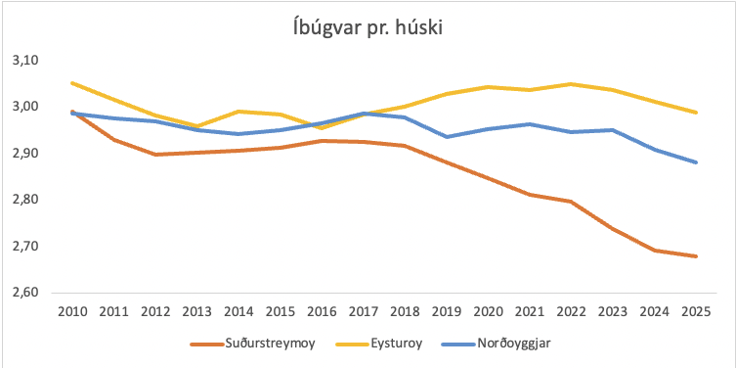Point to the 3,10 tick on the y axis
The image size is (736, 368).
pos(24,61)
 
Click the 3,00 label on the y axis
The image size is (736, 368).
pos(24,107)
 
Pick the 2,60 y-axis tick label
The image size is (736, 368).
pos(24,293)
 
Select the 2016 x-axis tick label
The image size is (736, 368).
pos(322,310)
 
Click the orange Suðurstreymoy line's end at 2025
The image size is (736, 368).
pos(695,256)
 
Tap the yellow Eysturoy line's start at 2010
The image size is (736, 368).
pos(72,83)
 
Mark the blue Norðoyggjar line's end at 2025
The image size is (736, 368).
pos(695,162)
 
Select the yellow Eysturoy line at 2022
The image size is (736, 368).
pos(571,84)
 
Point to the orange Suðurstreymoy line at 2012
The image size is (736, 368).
pos(155,155)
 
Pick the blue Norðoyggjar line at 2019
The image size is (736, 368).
pos(447,137)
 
